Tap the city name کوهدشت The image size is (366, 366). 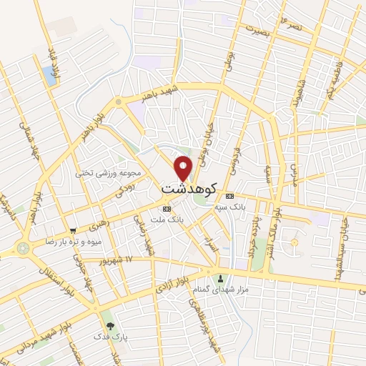[188, 189]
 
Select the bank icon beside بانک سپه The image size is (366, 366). [229, 196]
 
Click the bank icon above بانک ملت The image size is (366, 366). [167, 209]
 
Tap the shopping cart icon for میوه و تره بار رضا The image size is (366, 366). [73, 230]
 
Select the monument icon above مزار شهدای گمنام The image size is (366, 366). [220, 280]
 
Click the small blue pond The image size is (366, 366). [49, 73]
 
